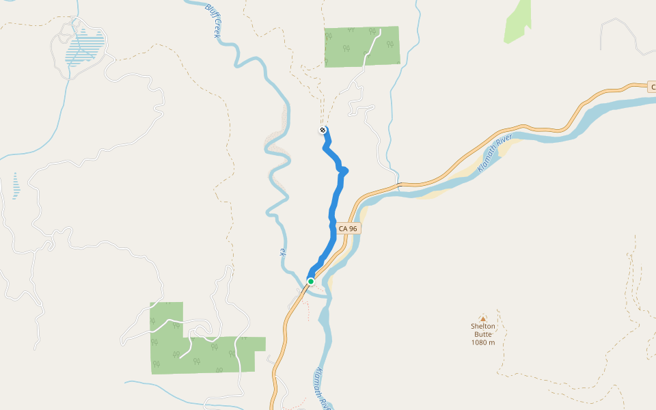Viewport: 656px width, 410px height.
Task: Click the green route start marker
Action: point(311,282)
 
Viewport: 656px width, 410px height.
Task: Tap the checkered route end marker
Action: point(323,130)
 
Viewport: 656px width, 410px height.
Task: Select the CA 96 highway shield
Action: point(348,228)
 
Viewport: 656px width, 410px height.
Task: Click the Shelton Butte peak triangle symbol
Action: point(482,318)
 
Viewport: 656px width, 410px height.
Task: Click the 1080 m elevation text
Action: point(482,342)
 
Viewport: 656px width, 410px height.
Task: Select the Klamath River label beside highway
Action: point(495,154)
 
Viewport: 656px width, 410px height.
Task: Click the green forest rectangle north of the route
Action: point(361,46)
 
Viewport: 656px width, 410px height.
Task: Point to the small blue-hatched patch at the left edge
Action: point(16,186)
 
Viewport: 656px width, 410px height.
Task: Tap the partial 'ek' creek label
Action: point(282,252)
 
